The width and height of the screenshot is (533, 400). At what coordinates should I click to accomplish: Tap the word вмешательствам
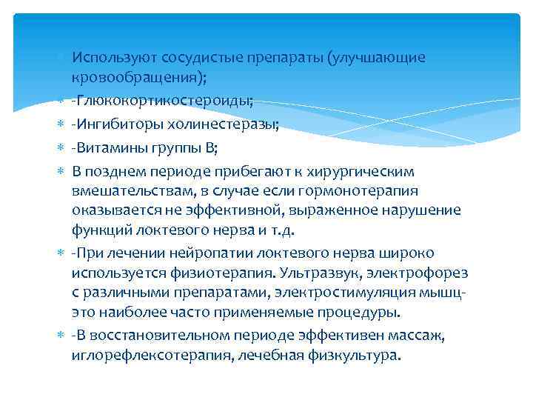pos(128,191)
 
